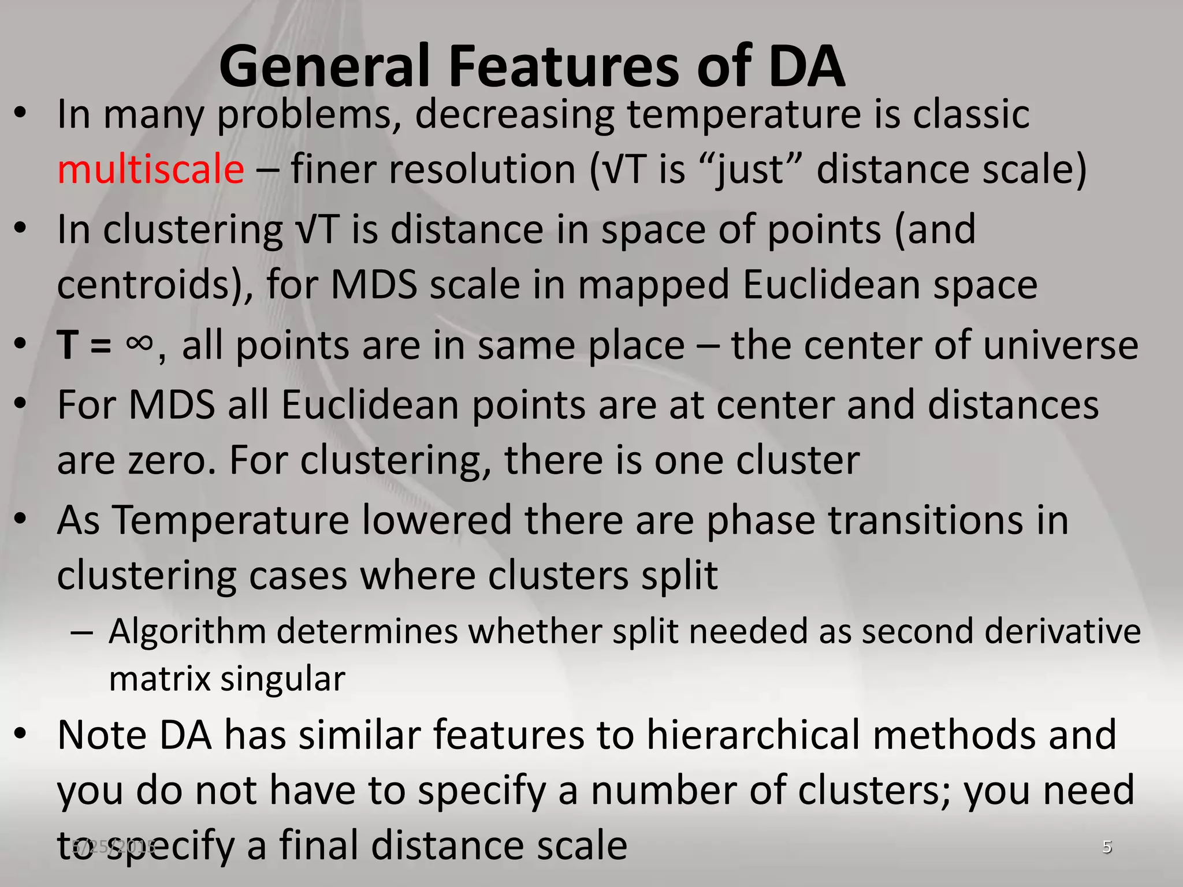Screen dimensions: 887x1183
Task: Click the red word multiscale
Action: point(151,170)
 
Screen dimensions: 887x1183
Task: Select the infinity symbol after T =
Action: point(139,345)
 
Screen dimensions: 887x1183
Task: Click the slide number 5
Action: point(1107,847)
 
